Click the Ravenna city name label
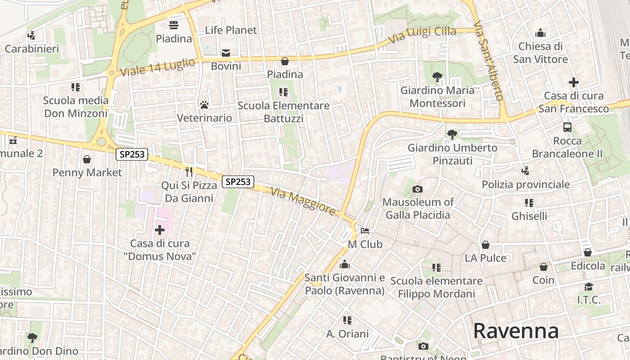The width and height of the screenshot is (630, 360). click(516, 331)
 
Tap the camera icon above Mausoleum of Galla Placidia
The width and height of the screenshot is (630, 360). click(417, 189)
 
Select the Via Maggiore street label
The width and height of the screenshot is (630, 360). click(303, 201)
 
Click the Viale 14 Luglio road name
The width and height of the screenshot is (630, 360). click(157, 67)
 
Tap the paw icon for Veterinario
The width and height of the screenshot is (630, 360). click(204, 105)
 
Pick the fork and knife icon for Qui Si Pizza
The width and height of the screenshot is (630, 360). click(189, 171)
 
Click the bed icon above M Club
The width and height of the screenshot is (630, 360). click(365, 231)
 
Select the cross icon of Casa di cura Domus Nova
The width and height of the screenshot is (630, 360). click(160, 230)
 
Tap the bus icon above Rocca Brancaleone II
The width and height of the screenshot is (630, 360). click(567, 127)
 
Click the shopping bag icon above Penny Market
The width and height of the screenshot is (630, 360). click(87, 159)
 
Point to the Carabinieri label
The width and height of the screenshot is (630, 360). click(31, 49)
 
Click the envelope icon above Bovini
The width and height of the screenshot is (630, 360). click(226, 53)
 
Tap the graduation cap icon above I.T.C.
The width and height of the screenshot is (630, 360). click(589, 287)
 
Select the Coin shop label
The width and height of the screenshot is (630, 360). click(543, 280)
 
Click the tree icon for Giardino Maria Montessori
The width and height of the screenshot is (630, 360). click(437, 77)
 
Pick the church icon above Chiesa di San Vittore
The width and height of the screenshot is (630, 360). click(540, 33)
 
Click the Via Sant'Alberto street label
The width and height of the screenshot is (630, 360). click(490, 60)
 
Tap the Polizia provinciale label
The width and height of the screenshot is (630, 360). click(526, 184)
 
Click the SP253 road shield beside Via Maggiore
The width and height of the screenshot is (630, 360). click(238, 182)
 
